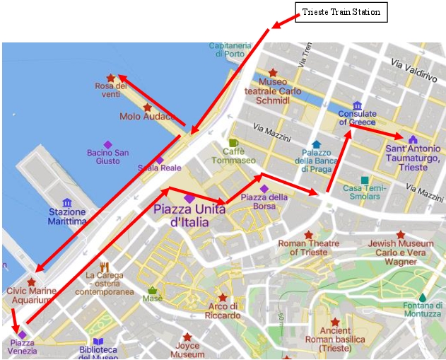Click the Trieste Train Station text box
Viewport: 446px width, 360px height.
(341, 12)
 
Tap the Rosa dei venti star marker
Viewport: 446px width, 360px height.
(110, 79)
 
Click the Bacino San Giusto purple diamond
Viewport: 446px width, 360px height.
(108, 144)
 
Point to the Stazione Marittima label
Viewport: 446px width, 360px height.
(68, 216)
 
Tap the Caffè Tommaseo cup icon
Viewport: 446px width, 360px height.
(233, 143)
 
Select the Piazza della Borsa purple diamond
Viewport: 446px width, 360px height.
(264, 189)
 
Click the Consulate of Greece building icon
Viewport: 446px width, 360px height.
(357, 106)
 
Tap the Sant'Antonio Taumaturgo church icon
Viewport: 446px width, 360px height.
(413, 139)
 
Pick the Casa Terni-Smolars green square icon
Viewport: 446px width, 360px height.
(365, 180)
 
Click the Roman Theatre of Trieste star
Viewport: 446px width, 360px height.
(308, 235)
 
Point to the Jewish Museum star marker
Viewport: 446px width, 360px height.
(401, 235)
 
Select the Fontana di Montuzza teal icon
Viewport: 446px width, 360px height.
(423, 297)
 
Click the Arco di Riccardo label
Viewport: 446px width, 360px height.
(223, 310)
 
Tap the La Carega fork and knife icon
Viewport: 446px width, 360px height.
(105, 267)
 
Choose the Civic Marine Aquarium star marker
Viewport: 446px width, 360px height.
(31, 282)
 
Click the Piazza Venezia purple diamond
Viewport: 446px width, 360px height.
(22, 335)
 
